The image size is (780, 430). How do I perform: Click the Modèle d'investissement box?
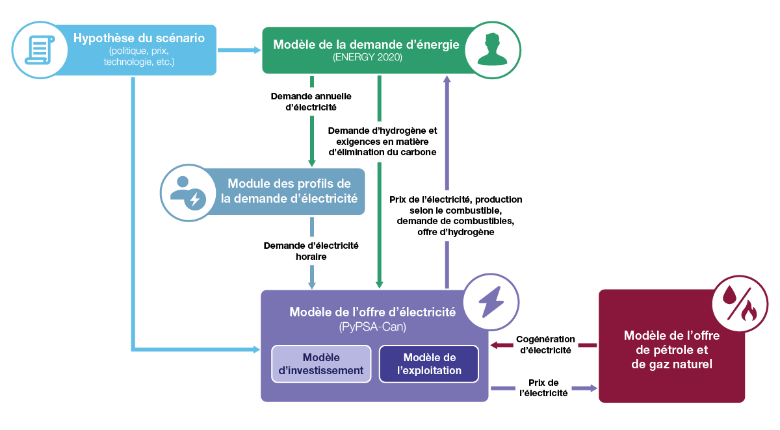(320, 364)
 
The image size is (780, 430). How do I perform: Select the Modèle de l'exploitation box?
(429, 364)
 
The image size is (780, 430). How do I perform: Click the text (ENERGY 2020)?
(367, 58)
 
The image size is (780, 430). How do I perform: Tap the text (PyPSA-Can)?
(372, 327)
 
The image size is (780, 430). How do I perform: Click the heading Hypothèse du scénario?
(139, 38)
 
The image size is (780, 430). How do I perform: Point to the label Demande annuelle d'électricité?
(311, 101)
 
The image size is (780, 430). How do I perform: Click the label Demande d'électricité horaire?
(311, 251)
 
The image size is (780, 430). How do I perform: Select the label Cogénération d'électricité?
(545, 344)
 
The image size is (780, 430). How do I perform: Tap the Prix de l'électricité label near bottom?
(543, 388)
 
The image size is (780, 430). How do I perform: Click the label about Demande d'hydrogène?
(382, 141)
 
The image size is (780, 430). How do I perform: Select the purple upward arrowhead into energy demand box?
(447, 80)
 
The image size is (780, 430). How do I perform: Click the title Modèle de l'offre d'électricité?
(372, 312)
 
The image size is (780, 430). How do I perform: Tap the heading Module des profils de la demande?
(289, 191)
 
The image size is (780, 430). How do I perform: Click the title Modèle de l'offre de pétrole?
(671, 350)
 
